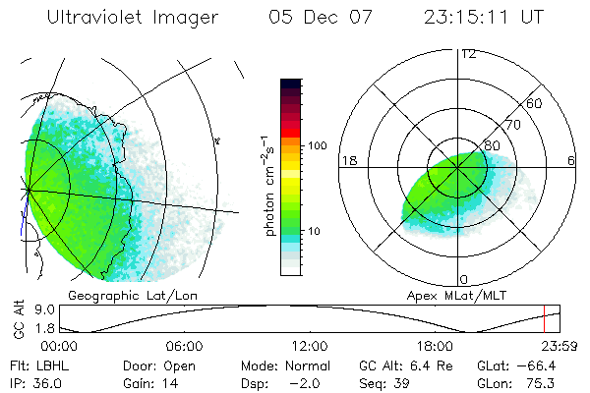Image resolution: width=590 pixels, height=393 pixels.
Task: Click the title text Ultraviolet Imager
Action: coord(135,18)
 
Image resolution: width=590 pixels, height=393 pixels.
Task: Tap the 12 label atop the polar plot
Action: coord(468,53)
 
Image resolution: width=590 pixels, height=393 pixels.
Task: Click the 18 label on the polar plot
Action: coord(349,160)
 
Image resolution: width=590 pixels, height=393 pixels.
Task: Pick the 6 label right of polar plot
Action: coord(571,160)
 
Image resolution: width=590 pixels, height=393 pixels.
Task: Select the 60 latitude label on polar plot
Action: coord(535,102)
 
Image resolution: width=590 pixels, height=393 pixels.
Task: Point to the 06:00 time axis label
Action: coord(184,347)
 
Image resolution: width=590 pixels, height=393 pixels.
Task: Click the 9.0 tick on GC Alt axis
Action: coord(30,309)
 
